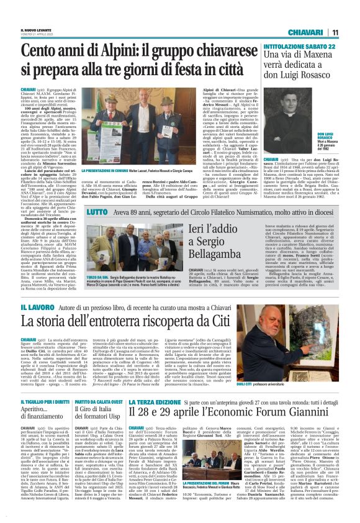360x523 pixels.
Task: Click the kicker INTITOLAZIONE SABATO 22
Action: pyautogui.click(x=300, y=45)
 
